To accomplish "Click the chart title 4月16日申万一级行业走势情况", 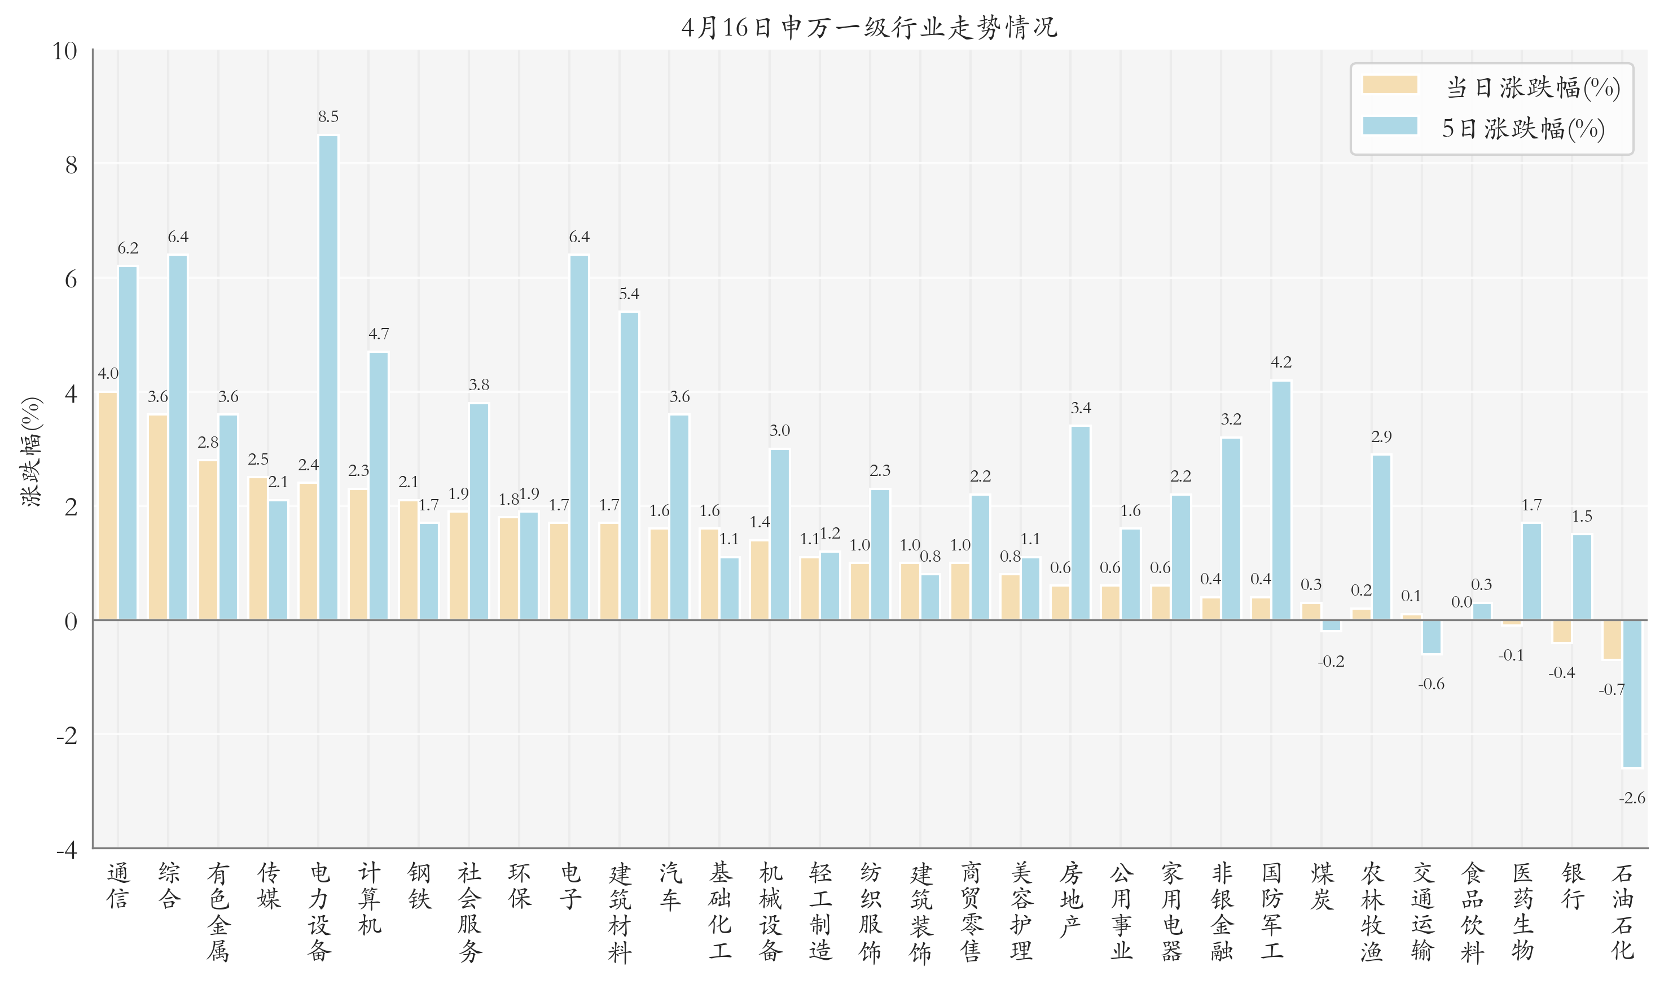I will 869,27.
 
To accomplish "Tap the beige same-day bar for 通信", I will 108,506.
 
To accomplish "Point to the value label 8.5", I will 328,117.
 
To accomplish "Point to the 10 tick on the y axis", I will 65,51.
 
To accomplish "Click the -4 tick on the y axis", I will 66,850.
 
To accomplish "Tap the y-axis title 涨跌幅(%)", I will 32,452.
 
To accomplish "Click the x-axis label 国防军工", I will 1271,911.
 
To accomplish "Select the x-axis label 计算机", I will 369,898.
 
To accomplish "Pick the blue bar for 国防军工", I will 1281,501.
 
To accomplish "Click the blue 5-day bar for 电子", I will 578,438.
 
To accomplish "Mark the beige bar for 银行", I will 1561,631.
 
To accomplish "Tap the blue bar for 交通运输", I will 1431,637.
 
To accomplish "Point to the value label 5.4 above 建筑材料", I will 629,294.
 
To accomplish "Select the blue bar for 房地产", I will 1080,523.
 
